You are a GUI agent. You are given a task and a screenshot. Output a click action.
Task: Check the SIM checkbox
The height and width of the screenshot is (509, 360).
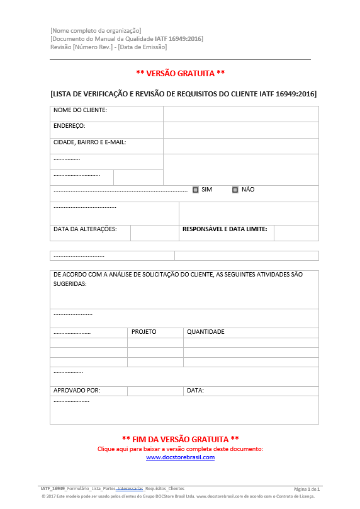196,190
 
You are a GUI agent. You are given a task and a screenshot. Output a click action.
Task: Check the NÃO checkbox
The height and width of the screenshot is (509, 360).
235,190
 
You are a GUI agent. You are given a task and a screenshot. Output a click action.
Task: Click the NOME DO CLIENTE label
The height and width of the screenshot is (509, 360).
80,110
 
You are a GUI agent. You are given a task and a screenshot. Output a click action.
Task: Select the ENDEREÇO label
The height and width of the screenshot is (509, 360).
69,126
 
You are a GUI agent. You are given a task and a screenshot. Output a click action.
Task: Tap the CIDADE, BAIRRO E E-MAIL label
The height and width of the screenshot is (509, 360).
90,142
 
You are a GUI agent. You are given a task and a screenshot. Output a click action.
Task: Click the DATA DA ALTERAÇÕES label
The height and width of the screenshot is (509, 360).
85,229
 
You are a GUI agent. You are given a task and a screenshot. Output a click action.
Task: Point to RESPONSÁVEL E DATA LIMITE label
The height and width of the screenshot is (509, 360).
225,229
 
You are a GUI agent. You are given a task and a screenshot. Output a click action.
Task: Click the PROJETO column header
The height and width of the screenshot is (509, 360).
143,332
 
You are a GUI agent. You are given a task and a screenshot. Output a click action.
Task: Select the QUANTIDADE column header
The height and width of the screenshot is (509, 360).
206,332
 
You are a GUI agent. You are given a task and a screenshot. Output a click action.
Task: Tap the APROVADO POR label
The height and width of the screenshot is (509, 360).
77,391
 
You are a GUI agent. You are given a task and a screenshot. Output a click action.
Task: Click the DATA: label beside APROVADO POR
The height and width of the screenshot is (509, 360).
195,391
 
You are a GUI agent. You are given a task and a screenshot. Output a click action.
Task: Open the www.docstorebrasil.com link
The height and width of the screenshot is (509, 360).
180,457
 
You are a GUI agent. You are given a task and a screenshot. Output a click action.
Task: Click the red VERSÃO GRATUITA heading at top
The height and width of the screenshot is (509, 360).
180,74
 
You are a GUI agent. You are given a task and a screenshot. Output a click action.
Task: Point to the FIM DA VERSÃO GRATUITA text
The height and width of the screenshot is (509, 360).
180,438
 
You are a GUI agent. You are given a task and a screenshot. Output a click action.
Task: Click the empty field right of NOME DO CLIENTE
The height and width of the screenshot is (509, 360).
240,113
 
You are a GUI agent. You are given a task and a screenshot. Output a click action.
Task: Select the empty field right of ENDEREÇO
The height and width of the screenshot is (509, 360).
240,130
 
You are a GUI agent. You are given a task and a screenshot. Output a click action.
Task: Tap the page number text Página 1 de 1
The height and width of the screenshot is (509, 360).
307,489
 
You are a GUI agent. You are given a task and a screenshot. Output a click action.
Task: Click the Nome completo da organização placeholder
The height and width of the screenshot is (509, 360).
96,31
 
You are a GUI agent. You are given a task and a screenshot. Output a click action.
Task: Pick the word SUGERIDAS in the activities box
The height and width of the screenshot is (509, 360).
70,284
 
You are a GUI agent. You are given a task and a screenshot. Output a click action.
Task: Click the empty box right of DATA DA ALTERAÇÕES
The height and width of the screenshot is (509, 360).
154,232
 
